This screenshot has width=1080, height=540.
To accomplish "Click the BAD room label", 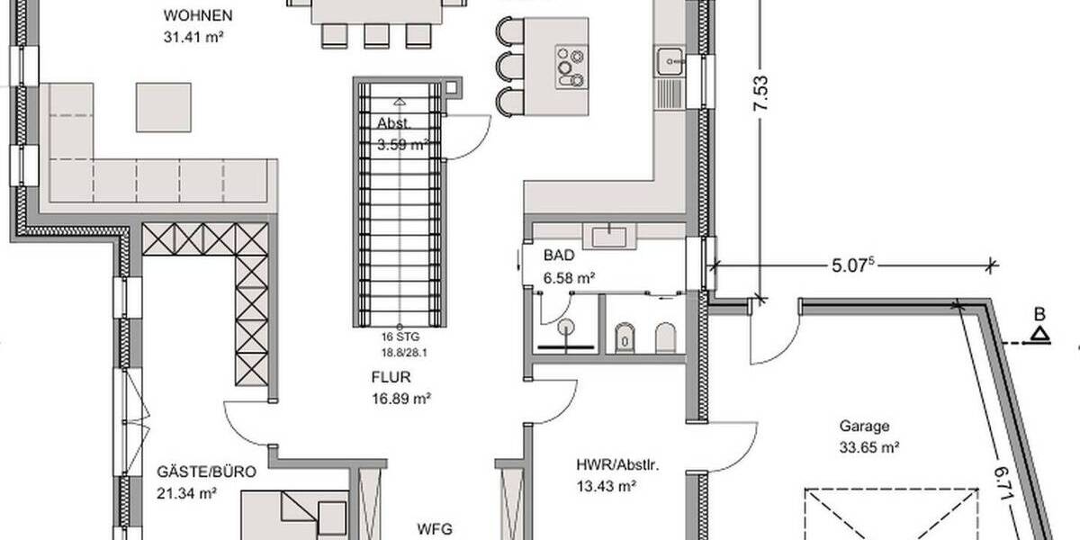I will coord(558,256).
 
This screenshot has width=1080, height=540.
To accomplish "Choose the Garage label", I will coord(864,427).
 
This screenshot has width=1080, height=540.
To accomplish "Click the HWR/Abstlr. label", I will coord(618,466).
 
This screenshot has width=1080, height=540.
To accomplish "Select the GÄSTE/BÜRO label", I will coord(193,472).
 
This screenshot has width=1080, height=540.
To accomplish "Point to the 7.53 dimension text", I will coord(761,93).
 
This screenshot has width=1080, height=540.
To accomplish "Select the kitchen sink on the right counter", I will coord(670,61).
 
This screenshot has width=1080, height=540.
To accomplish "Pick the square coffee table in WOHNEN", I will coord(163,107).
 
